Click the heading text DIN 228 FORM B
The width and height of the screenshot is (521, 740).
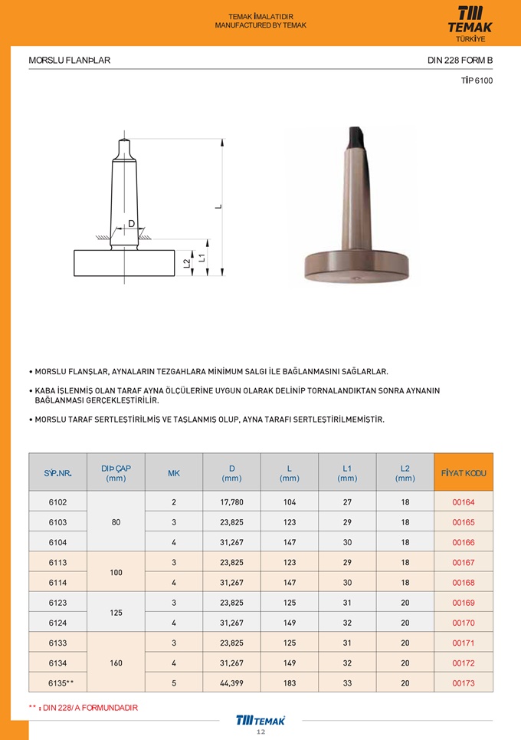coord(460,60)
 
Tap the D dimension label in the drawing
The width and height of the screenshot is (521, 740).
coord(131,223)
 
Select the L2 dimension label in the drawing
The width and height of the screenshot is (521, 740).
coord(188,262)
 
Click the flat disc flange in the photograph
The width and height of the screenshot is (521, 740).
coord(353,265)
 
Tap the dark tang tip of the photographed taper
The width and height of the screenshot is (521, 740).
coord(355,139)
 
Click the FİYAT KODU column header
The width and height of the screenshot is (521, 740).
coord(464,473)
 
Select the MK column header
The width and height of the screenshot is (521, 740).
coord(174,473)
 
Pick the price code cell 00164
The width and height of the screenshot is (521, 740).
coord(464,502)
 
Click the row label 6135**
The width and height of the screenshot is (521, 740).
coord(58,682)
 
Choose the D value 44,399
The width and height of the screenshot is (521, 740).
coord(231,682)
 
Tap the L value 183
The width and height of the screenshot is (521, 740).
coord(290,682)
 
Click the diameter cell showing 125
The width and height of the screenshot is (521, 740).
coord(116,613)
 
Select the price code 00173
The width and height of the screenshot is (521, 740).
coord(464,682)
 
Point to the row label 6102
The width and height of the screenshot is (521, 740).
coord(58,502)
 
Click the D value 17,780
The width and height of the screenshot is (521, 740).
coord(231,502)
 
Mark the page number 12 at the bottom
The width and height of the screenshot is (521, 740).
coord(260,732)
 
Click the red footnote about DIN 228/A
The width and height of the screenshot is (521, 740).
coord(84,708)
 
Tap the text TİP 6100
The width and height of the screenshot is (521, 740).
coord(477,81)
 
